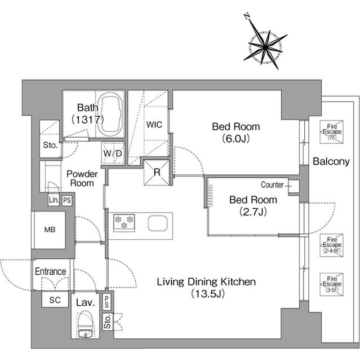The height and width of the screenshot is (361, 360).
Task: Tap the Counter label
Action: (x=272, y=185)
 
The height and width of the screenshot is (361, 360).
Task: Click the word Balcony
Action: (x=331, y=162)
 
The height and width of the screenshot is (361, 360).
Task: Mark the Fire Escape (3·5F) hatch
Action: (x=330, y=284)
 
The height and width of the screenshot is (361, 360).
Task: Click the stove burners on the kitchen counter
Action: (x=123, y=222)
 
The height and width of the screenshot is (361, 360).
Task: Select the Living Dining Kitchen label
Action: (x=206, y=287)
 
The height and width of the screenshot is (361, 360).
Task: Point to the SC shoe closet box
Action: (x=55, y=300)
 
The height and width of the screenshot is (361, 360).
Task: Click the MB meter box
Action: (x=50, y=230)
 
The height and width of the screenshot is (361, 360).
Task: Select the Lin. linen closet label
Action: (x=54, y=200)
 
